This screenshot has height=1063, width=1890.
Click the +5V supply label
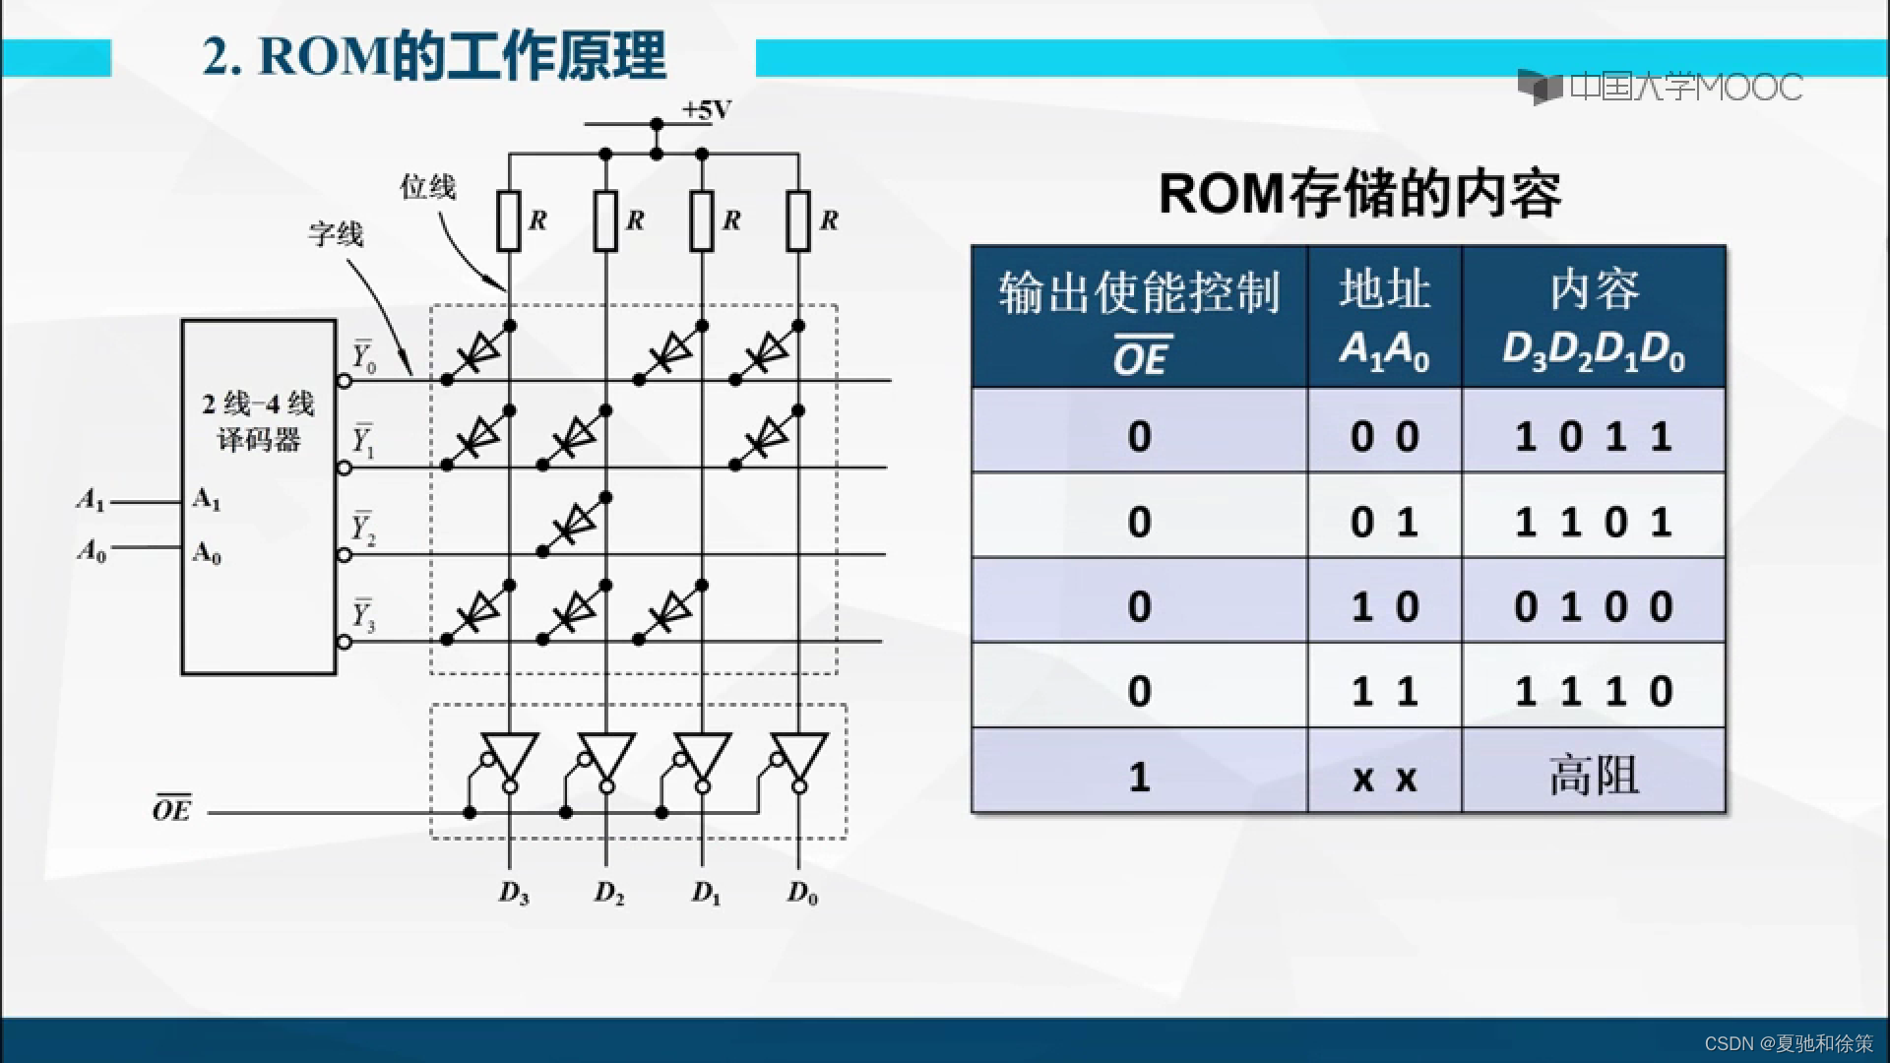[x=707, y=110]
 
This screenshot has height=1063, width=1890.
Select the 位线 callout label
[x=427, y=186]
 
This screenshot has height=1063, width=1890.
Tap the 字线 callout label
[x=336, y=234]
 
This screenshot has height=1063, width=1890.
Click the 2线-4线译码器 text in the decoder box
[x=258, y=421]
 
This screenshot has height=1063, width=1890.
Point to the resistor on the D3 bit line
[x=509, y=221]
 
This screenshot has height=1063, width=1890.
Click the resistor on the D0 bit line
[x=798, y=221]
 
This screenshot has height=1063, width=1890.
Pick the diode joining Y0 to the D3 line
[x=478, y=351]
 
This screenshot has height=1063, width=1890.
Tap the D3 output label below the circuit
[x=513, y=893]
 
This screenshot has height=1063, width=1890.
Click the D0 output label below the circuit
[x=802, y=893]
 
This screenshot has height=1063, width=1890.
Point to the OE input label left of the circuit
[x=171, y=809]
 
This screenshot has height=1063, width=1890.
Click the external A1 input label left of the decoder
[x=91, y=501]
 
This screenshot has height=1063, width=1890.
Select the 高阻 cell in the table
[x=1594, y=776]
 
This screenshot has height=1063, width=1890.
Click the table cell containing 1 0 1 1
[x=1594, y=435]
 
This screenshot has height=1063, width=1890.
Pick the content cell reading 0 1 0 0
[x=1594, y=605]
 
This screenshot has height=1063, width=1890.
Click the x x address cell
[x=1384, y=778]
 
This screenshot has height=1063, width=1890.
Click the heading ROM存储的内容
[x=1359, y=194]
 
